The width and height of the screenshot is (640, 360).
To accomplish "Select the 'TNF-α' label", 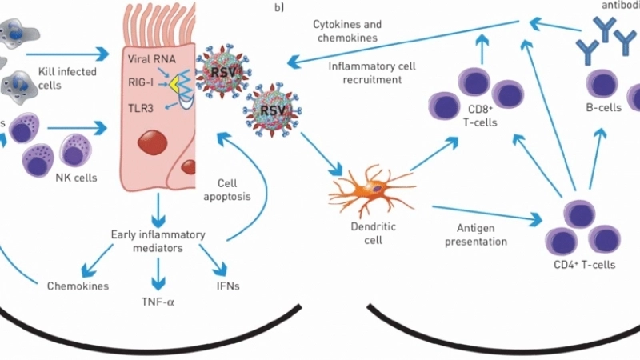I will [158, 302].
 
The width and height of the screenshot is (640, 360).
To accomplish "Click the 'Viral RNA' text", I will [150, 59].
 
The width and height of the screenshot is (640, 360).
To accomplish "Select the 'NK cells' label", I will [77, 178].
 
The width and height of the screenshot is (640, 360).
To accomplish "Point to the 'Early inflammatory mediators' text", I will [158, 242].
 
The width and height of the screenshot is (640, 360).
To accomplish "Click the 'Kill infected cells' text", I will [67, 78].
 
